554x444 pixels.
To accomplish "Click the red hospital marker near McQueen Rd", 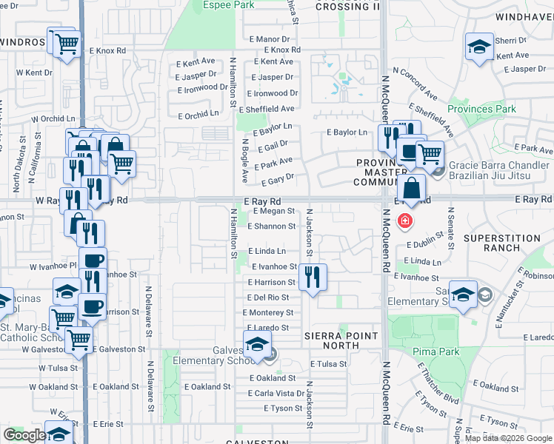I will pyautogui.click(x=404, y=220).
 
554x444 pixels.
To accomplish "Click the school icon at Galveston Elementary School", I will pyautogui.click(x=257, y=346).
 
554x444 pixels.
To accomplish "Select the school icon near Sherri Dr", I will pyautogui.click(x=479, y=46).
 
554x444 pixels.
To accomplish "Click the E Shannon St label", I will pyautogui.click(x=276, y=226).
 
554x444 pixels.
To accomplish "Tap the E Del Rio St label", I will pyautogui.click(x=268, y=297).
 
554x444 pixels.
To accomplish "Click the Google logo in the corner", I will pyautogui.click(x=24, y=435).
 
